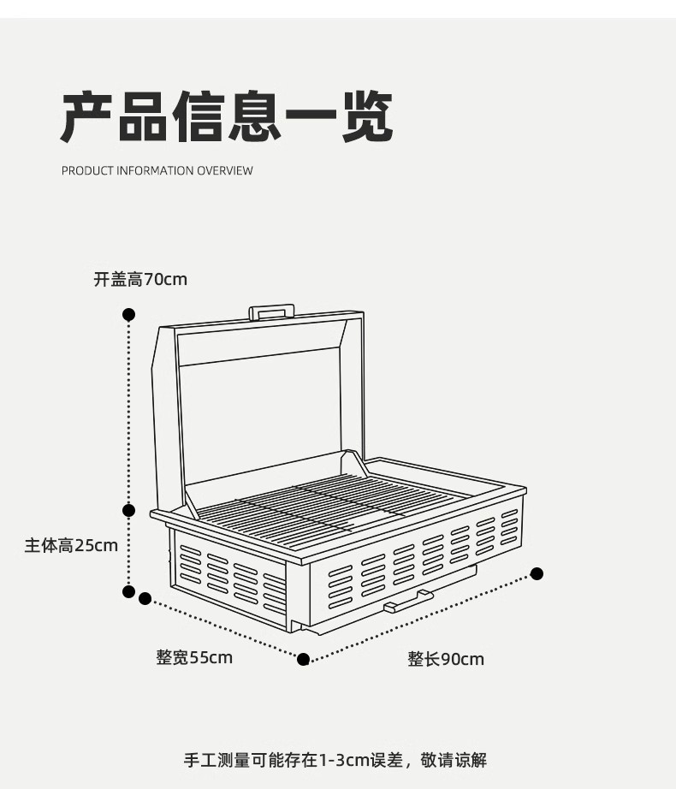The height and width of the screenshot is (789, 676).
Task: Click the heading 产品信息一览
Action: tap(227, 117)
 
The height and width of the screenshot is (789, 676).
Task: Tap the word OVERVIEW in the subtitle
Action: tap(225, 170)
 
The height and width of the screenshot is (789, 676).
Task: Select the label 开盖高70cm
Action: tap(140, 279)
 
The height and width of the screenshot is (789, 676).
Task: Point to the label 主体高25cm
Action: tap(71, 545)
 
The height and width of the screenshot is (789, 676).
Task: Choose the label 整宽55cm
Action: tap(194, 657)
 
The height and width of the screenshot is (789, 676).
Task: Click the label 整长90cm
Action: tap(446, 659)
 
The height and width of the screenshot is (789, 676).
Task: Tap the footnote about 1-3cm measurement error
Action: tap(335, 759)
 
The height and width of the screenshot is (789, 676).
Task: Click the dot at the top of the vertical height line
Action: tap(129, 315)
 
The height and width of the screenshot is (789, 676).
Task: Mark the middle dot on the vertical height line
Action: tap(129, 511)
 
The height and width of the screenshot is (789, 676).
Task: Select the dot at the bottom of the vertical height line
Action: tap(129, 590)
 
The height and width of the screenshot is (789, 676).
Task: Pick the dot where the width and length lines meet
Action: tap(303, 658)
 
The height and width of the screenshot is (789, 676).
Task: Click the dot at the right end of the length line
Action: tap(537, 573)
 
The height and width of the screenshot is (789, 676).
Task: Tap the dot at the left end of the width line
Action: tap(145, 598)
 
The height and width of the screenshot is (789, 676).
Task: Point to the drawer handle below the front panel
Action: tap(407, 601)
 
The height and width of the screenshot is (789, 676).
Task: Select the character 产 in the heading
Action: tap(89, 117)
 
